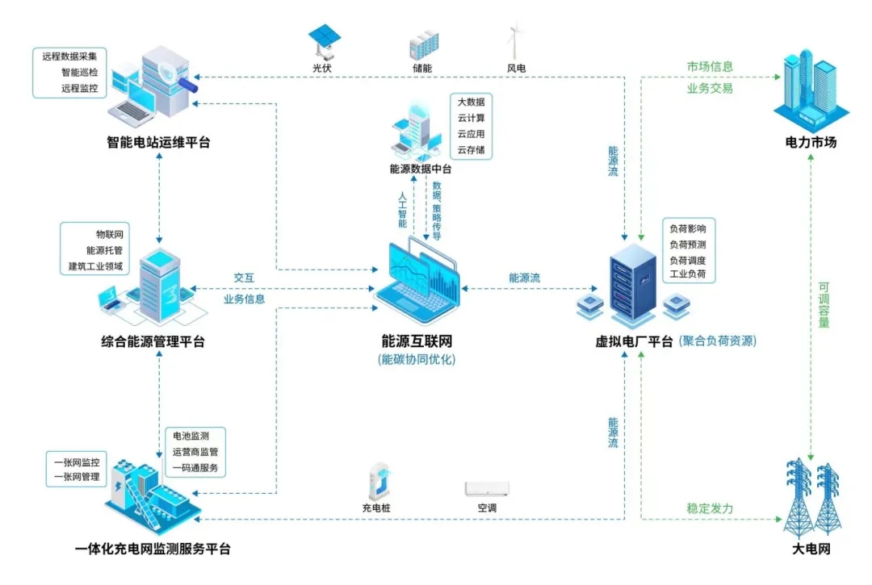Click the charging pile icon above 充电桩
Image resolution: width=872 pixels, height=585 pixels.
(x=377, y=482)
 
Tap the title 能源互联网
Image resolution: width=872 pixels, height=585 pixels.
(x=417, y=341)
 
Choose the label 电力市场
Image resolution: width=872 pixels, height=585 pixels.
(x=811, y=143)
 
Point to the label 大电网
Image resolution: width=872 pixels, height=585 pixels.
(x=811, y=549)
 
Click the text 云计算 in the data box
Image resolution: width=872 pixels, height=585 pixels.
(x=472, y=118)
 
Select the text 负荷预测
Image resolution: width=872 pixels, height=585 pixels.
(x=688, y=244)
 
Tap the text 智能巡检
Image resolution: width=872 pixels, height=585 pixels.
(x=79, y=73)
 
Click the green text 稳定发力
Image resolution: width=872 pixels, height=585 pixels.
(x=710, y=509)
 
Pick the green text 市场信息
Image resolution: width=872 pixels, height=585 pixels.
(x=710, y=67)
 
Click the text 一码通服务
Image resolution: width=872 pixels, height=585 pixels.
(x=195, y=468)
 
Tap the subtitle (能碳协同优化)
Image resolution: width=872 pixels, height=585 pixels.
(x=417, y=360)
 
